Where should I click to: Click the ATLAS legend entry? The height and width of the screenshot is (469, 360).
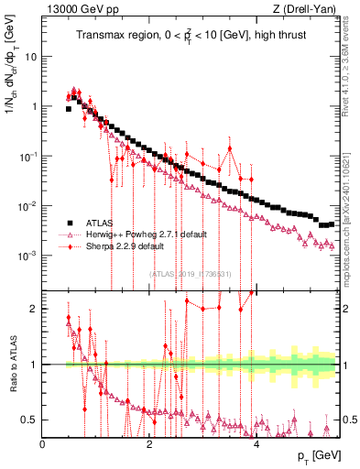99,223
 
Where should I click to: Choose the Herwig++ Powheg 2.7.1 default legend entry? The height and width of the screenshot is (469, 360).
146,234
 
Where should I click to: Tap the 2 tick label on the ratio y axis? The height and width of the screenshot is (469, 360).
34,309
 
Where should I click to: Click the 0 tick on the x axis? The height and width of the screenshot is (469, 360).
42,444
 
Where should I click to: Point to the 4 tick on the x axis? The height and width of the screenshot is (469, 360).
256,444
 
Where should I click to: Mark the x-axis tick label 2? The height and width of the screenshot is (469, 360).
149,444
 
